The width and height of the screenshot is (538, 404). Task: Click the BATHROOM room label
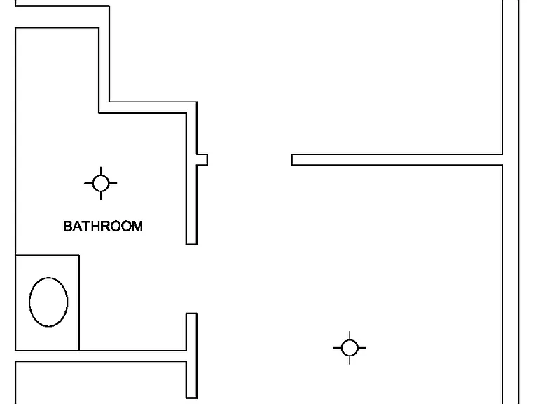click(x=103, y=227)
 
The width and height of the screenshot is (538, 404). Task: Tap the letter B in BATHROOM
click(x=68, y=227)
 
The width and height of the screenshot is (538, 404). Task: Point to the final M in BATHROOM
click(x=137, y=227)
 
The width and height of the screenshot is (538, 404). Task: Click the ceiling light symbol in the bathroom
click(x=101, y=183)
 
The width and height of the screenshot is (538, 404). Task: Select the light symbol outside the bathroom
click(x=350, y=348)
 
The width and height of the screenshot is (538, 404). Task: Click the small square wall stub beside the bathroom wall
click(x=202, y=160)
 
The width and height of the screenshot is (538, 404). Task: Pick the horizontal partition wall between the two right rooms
click(x=397, y=160)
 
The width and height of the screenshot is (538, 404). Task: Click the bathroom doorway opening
click(x=191, y=279)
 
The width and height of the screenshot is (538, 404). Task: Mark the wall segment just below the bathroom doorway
click(x=191, y=356)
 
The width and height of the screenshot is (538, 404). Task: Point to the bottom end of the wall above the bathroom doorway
click(x=191, y=244)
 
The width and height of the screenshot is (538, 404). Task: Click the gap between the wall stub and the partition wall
click(x=250, y=160)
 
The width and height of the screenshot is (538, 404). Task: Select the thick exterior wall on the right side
click(x=511, y=202)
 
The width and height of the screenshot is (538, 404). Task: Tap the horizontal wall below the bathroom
click(x=101, y=356)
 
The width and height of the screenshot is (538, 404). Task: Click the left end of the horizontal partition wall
click(x=292, y=160)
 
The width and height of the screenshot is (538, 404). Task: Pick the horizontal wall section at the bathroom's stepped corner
click(x=148, y=107)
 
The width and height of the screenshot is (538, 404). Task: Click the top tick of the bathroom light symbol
click(x=101, y=171)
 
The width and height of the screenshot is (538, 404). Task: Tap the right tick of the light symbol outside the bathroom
click(x=362, y=348)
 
